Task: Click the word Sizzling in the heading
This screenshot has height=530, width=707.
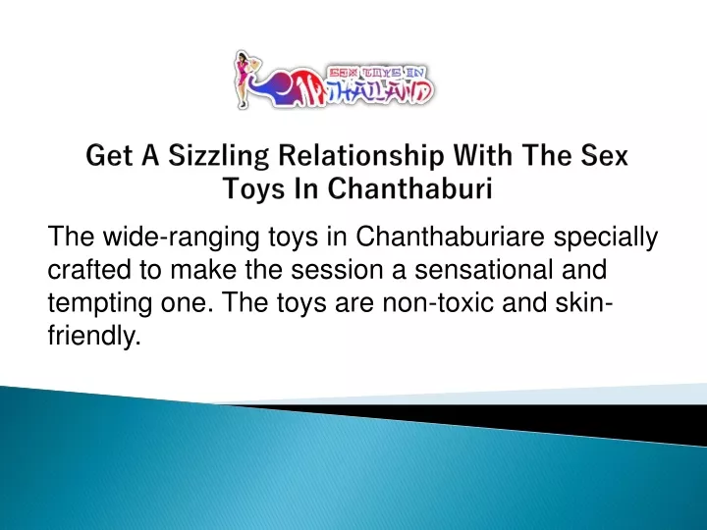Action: (x=219, y=156)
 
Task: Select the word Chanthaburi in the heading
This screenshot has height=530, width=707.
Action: (x=409, y=188)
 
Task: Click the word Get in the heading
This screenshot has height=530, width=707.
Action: (x=110, y=155)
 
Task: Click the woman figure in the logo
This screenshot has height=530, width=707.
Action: (x=244, y=79)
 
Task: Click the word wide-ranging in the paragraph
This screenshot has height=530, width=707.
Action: (x=181, y=238)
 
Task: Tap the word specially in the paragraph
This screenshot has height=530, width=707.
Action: (x=606, y=238)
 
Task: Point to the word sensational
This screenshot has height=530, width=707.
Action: (x=483, y=270)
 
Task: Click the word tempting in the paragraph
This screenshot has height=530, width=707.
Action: (x=99, y=303)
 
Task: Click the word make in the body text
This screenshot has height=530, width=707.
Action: (x=203, y=270)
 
